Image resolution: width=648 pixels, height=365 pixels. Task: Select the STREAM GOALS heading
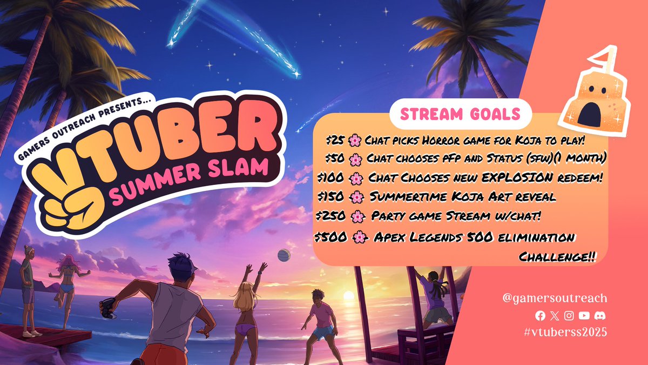(461, 114)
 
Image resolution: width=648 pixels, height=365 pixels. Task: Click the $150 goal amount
(329, 196)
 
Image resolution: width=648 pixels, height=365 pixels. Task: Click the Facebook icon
(540, 315)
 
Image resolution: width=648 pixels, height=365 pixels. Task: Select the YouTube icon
(584, 315)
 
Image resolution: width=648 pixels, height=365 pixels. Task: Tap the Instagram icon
(569, 315)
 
